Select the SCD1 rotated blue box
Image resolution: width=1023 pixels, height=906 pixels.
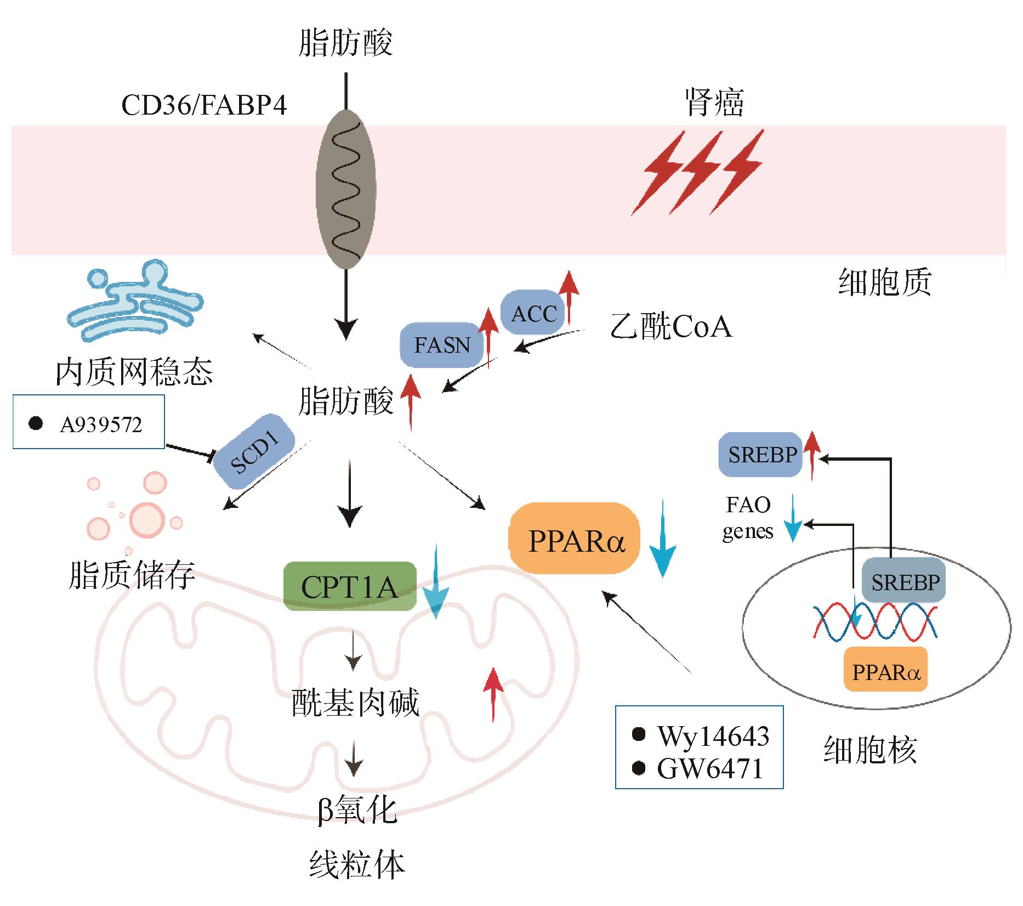click(253, 458)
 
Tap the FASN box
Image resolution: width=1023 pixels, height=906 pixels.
click(442, 345)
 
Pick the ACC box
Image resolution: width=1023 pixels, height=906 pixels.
click(533, 313)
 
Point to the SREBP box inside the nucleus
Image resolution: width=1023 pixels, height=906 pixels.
click(905, 581)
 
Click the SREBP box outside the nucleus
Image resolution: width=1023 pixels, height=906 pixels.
click(761, 455)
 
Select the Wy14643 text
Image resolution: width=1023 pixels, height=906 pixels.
click(713, 735)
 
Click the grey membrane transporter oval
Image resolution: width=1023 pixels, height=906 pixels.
click(346, 189)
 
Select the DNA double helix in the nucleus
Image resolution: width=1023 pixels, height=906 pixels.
click(874, 621)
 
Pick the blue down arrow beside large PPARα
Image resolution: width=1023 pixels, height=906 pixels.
click(662, 540)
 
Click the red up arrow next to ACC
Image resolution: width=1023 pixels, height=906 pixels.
click(570, 296)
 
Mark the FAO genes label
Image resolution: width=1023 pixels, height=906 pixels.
click(748, 518)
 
